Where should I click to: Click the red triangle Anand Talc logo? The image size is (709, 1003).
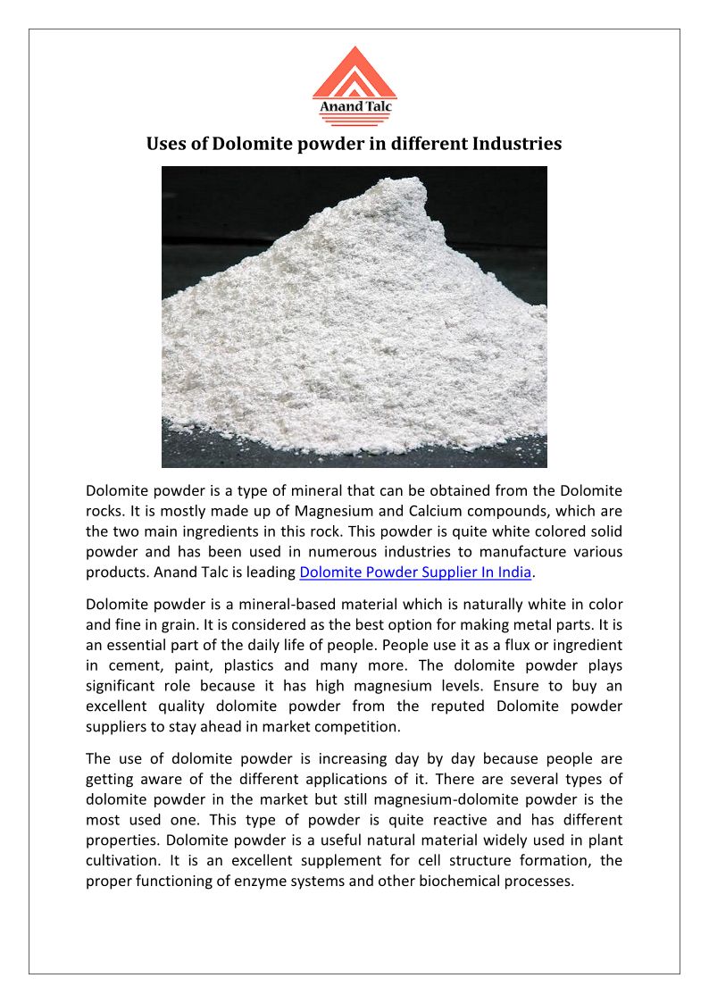354,82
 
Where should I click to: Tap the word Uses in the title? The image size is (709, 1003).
167,143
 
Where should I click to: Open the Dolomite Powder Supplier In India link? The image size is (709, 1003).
415,572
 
